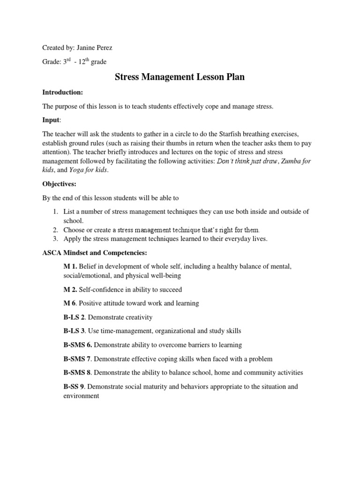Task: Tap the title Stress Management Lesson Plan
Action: click(x=180, y=77)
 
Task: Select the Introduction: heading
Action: click(x=63, y=92)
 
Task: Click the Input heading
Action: click(x=52, y=120)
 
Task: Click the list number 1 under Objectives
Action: click(x=55, y=212)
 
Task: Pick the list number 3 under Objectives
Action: click(x=55, y=239)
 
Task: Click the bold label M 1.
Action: click(x=70, y=266)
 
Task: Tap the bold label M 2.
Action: click(x=70, y=289)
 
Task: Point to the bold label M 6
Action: click(x=70, y=303)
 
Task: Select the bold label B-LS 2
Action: click(x=74, y=317)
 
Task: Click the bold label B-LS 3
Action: click(x=74, y=331)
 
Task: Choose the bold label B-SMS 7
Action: click(x=77, y=359)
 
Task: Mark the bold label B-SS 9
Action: click(x=75, y=387)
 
